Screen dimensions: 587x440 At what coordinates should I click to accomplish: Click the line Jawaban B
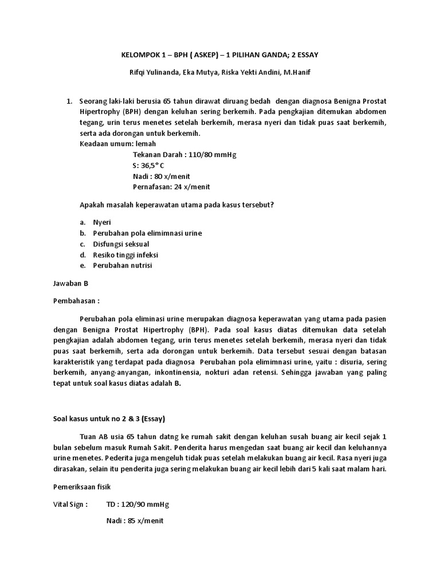coord(70,283)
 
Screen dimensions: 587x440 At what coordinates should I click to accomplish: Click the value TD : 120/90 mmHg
coord(138,504)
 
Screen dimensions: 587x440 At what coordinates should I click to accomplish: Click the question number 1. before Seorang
coord(69,101)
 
